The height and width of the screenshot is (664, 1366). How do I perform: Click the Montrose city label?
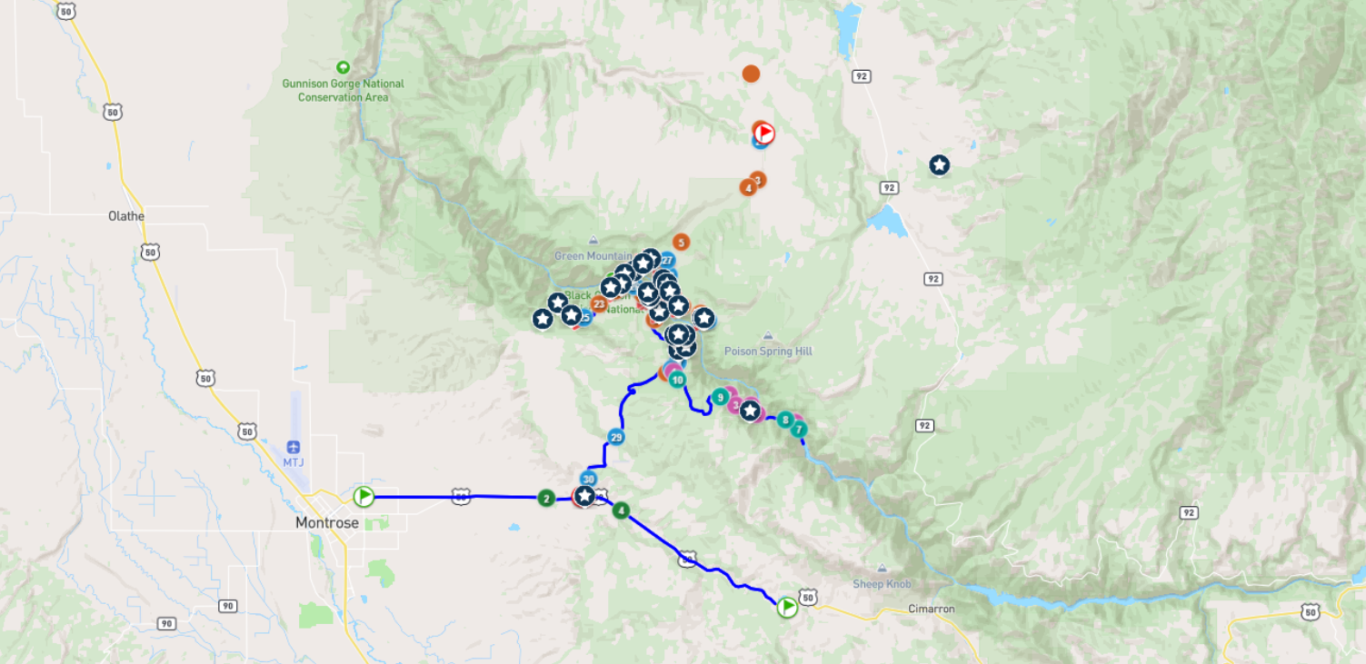[327, 523]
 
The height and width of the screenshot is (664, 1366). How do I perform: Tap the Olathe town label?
[126, 216]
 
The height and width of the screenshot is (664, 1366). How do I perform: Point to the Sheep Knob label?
[882, 584]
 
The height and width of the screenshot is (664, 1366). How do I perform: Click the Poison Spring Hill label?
[768, 351]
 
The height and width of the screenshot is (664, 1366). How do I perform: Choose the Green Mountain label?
[593, 256]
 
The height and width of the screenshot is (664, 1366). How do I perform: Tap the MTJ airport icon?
[293, 447]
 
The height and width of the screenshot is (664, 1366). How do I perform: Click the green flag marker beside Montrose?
[364, 496]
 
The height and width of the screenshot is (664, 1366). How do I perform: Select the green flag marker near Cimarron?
[787, 606]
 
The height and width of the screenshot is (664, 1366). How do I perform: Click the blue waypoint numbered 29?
[616, 437]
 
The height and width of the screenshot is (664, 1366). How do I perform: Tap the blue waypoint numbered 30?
[588, 479]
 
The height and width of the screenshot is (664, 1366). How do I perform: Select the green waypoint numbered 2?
[545, 498]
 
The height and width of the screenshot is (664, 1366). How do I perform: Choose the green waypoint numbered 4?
[621, 510]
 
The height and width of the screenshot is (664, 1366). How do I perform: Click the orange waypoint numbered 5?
[681, 243]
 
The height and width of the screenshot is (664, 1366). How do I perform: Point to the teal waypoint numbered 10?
[677, 379]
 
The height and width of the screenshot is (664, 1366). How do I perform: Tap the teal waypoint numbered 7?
[798, 429]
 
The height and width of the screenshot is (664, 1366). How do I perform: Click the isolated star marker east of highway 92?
[939, 165]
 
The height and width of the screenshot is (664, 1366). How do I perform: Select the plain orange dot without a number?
[751, 74]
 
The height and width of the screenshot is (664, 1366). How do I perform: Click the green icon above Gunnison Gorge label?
[343, 67]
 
